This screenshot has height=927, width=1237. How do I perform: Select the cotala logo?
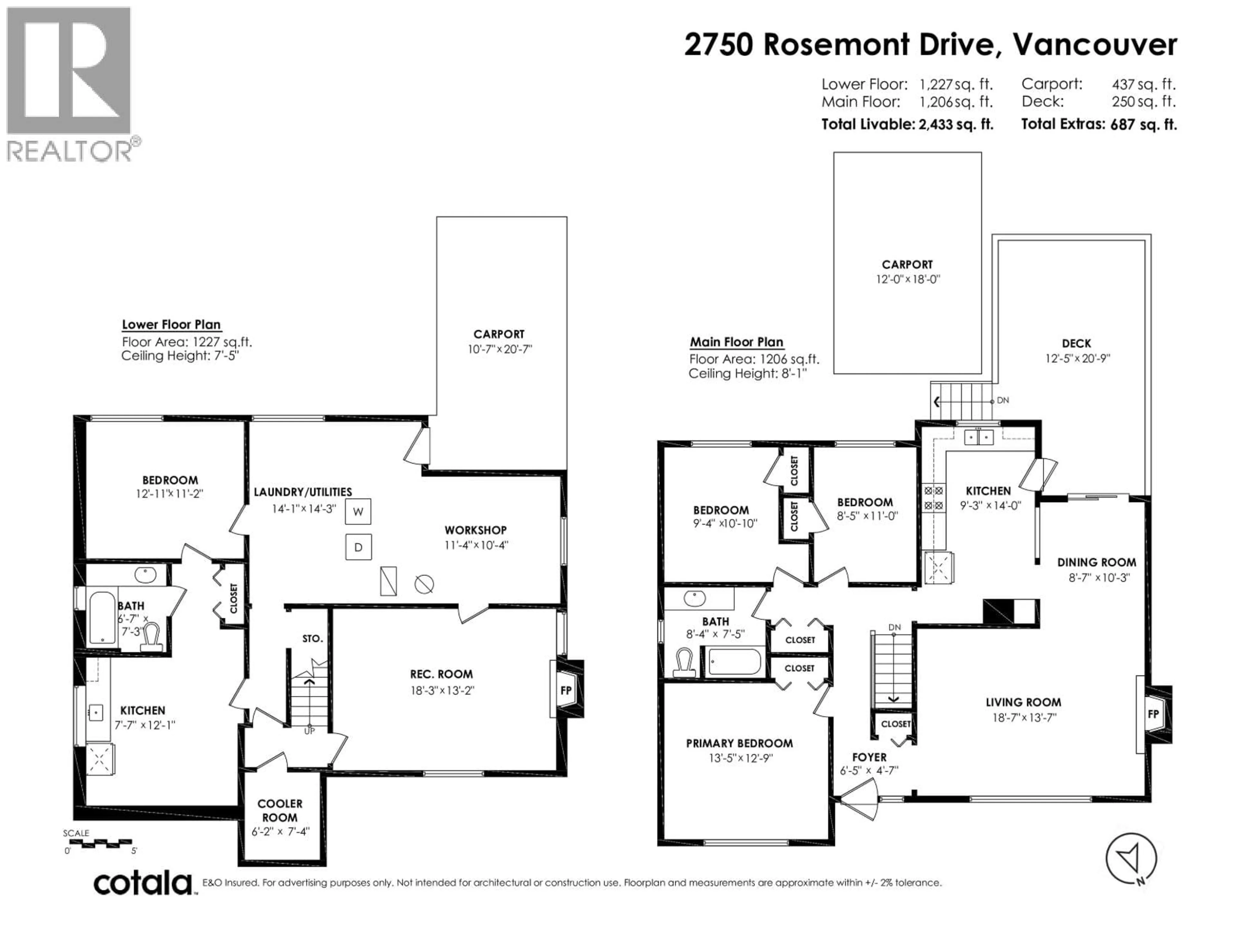click(x=143, y=884)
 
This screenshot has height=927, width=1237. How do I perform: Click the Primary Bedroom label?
click(x=739, y=743)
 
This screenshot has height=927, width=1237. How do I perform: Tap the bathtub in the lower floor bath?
click(x=102, y=617)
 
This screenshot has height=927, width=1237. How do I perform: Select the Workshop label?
click(x=475, y=530)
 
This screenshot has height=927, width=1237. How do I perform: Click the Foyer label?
click(x=869, y=757)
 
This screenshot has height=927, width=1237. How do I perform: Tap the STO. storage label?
click(x=312, y=638)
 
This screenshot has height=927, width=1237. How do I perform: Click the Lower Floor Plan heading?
click(x=171, y=325)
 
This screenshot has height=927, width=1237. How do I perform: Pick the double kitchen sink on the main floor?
click(x=979, y=437)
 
